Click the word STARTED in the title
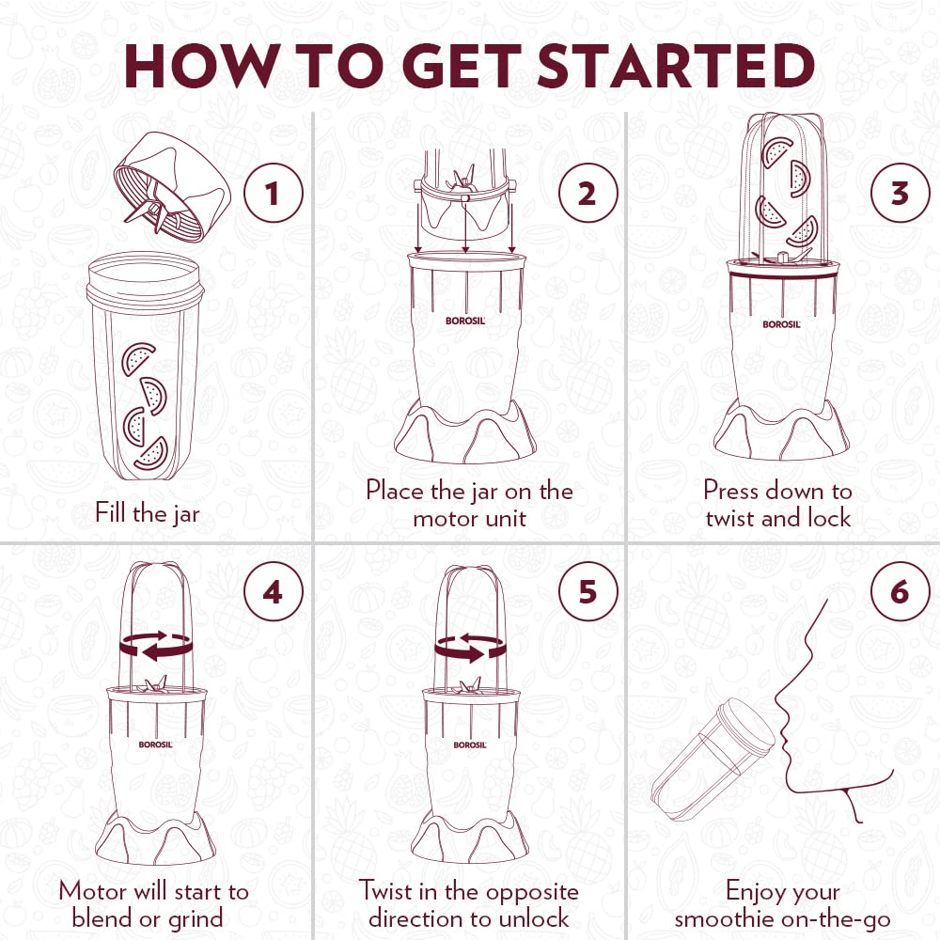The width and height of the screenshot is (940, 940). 676,66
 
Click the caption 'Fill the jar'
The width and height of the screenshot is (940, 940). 148,514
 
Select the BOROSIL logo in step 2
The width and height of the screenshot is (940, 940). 465,321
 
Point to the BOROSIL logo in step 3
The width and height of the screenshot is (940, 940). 782,324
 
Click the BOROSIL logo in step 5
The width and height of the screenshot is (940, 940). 470,744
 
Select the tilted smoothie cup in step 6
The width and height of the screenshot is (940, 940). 713,760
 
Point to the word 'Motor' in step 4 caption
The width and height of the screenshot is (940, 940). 93,891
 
